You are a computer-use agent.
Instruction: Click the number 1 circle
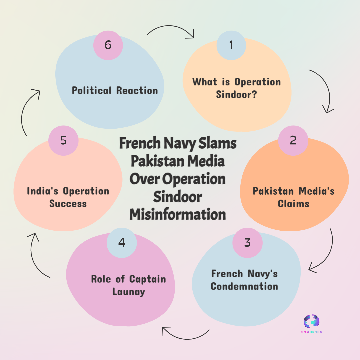(x=231, y=45)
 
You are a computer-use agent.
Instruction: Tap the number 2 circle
(x=293, y=140)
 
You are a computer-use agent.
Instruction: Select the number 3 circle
(x=247, y=243)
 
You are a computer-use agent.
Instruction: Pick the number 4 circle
(x=122, y=243)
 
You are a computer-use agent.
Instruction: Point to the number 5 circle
(x=63, y=140)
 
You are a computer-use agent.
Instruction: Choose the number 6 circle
(x=108, y=45)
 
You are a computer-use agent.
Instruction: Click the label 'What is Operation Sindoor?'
(x=236, y=88)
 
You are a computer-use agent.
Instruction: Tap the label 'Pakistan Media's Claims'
(x=293, y=197)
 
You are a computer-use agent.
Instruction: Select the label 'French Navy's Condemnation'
(x=244, y=280)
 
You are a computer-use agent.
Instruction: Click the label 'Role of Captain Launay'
(x=128, y=285)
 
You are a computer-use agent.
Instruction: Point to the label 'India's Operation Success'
(x=68, y=197)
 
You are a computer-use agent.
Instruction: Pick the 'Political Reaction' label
(x=115, y=90)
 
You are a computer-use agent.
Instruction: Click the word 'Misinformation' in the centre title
(x=177, y=214)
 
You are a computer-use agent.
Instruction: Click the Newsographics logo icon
(x=312, y=321)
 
